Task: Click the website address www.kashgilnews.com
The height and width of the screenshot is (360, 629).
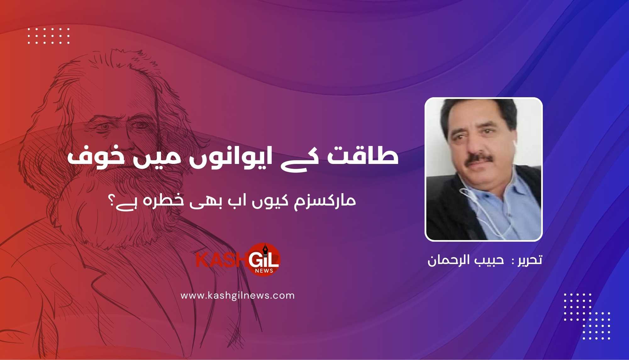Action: [x=237, y=296]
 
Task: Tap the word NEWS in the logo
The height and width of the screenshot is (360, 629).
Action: [x=264, y=271]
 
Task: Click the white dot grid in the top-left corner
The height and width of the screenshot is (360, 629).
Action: [x=48, y=36]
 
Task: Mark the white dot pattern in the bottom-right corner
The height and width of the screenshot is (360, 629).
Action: [x=587, y=316]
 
